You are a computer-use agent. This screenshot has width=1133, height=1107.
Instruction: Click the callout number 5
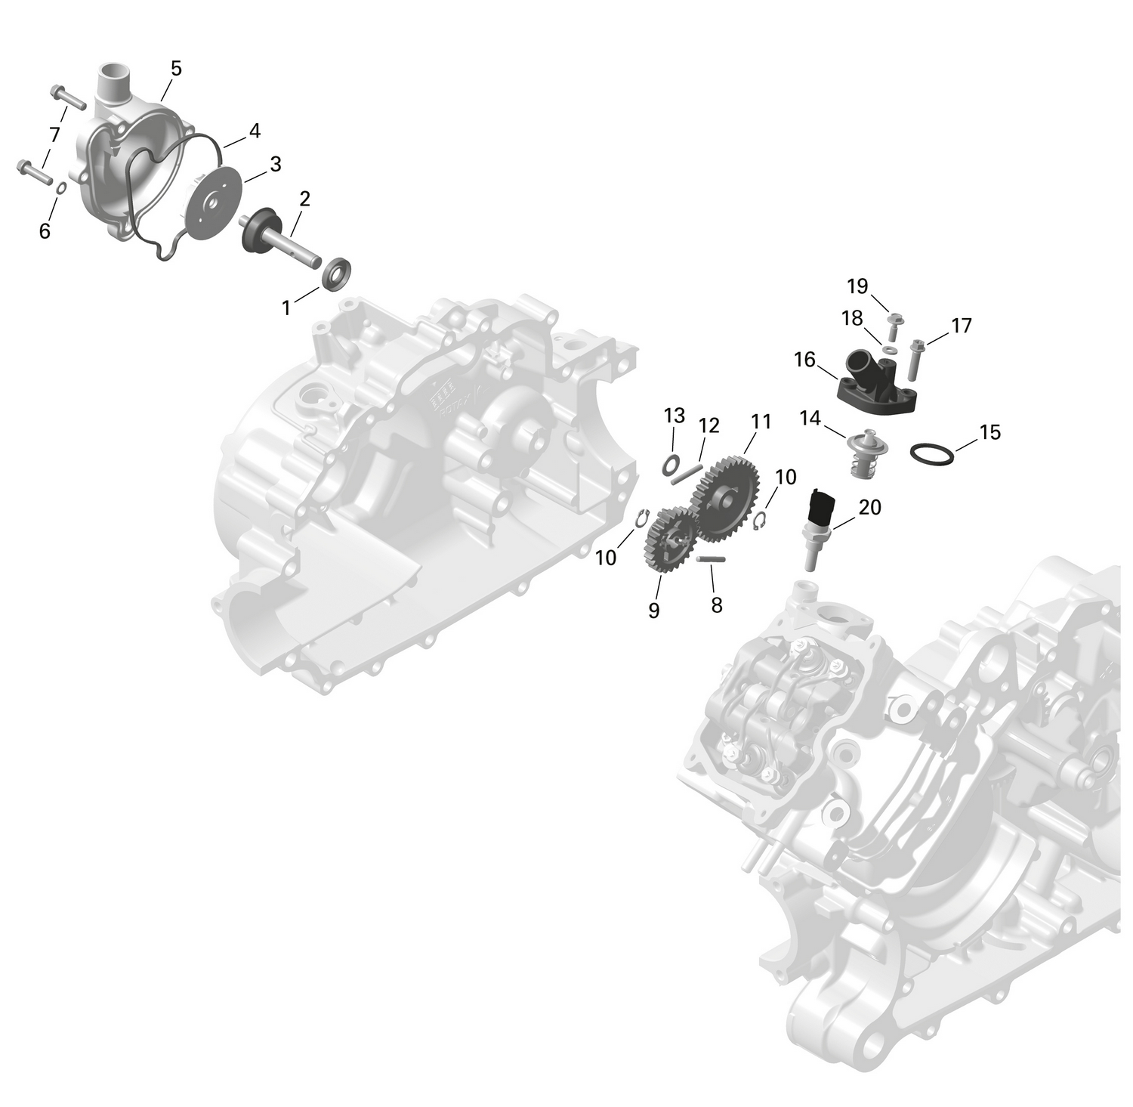[176, 69]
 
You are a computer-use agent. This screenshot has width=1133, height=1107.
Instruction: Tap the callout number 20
[870, 507]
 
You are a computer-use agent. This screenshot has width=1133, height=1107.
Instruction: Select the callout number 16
[805, 360]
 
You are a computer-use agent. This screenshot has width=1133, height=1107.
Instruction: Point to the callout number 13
[675, 416]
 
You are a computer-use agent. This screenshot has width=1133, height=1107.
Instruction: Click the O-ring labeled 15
[931, 454]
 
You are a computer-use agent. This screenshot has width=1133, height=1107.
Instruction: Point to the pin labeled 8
[711, 559]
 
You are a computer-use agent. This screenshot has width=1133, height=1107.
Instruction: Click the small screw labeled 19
[896, 323]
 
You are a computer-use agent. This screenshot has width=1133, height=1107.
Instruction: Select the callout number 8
[717, 605]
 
